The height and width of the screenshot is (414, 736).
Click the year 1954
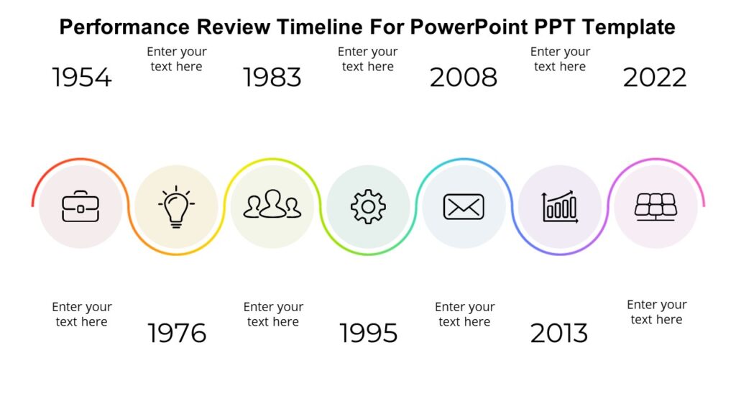click(x=82, y=78)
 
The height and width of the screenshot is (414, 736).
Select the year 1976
click(x=177, y=333)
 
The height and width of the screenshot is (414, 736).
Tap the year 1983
click(x=272, y=78)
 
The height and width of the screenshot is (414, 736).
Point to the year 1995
click(x=368, y=333)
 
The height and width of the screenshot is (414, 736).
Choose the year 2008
click(x=464, y=78)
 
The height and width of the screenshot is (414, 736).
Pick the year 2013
click(x=559, y=333)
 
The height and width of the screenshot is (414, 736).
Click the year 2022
click(x=655, y=78)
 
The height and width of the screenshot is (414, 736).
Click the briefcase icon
click(x=80, y=207)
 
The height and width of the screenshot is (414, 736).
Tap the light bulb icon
click(x=176, y=207)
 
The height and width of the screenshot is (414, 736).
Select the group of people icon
click(x=272, y=205)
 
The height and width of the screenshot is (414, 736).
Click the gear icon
click(x=368, y=207)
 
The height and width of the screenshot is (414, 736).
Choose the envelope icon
click(x=464, y=207)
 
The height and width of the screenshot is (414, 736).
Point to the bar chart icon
click(x=560, y=207)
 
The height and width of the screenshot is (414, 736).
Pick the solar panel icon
click(x=655, y=206)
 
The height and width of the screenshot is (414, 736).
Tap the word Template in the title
click(x=628, y=27)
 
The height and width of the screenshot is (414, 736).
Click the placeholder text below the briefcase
click(x=82, y=314)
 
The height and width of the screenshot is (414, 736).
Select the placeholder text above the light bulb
click(x=177, y=59)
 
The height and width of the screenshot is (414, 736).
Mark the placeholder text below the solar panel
click(x=656, y=312)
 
